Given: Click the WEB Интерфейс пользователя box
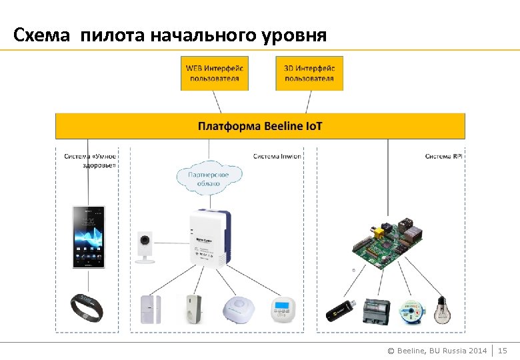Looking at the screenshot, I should pyautogui.click(x=214, y=73).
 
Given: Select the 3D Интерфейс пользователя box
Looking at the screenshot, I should pyautogui.click(x=309, y=73).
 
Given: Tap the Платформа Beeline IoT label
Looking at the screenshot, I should pyautogui.click(x=260, y=126).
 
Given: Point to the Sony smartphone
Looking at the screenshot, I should pyautogui.click(x=89, y=237).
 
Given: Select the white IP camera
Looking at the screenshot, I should pyautogui.click(x=145, y=247).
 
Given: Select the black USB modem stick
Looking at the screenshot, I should pyautogui.click(x=339, y=312).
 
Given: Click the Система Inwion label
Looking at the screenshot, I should pyautogui.click(x=277, y=157).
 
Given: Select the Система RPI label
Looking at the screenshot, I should pyautogui.click(x=443, y=157).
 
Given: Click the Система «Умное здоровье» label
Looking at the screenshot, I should pyautogui.click(x=90, y=161).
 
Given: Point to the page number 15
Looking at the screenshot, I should pyautogui.click(x=503, y=351).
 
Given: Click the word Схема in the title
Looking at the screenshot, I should pyautogui.click(x=41, y=34).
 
